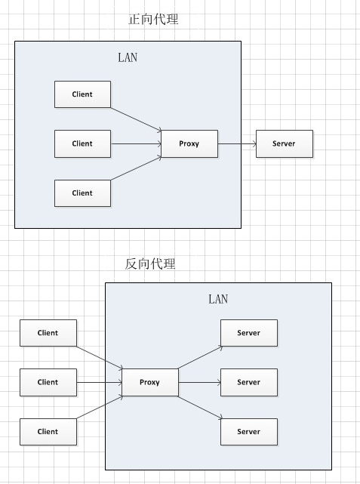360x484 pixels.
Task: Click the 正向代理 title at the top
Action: click(x=153, y=19)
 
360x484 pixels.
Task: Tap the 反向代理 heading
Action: click(x=150, y=264)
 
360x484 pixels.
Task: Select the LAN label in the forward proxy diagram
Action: click(x=128, y=57)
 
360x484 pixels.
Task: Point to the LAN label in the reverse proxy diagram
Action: click(x=218, y=299)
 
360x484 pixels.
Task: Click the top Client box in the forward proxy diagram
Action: click(x=83, y=94)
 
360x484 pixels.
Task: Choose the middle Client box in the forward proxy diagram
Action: click(x=83, y=144)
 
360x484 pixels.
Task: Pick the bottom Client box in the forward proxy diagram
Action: click(x=83, y=193)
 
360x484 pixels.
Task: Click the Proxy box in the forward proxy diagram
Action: click(x=189, y=144)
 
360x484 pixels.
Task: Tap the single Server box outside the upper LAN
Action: click(x=285, y=144)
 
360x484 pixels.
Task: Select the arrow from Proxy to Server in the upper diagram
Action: click(x=237, y=144)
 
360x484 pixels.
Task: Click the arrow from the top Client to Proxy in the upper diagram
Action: click(x=136, y=120)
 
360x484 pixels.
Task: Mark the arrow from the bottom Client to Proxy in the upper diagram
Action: click(x=136, y=168)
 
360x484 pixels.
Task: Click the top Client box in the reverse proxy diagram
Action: click(x=48, y=333)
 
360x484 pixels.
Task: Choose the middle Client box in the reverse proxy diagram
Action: click(x=48, y=383)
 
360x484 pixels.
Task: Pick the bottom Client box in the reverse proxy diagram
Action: click(x=48, y=432)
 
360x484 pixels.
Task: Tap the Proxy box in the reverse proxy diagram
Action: click(x=150, y=383)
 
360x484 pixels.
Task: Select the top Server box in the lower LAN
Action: click(x=249, y=333)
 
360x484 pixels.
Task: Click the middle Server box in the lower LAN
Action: click(x=249, y=383)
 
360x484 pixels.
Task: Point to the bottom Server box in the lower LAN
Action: click(x=249, y=432)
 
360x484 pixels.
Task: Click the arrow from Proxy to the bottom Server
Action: click(x=200, y=408)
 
